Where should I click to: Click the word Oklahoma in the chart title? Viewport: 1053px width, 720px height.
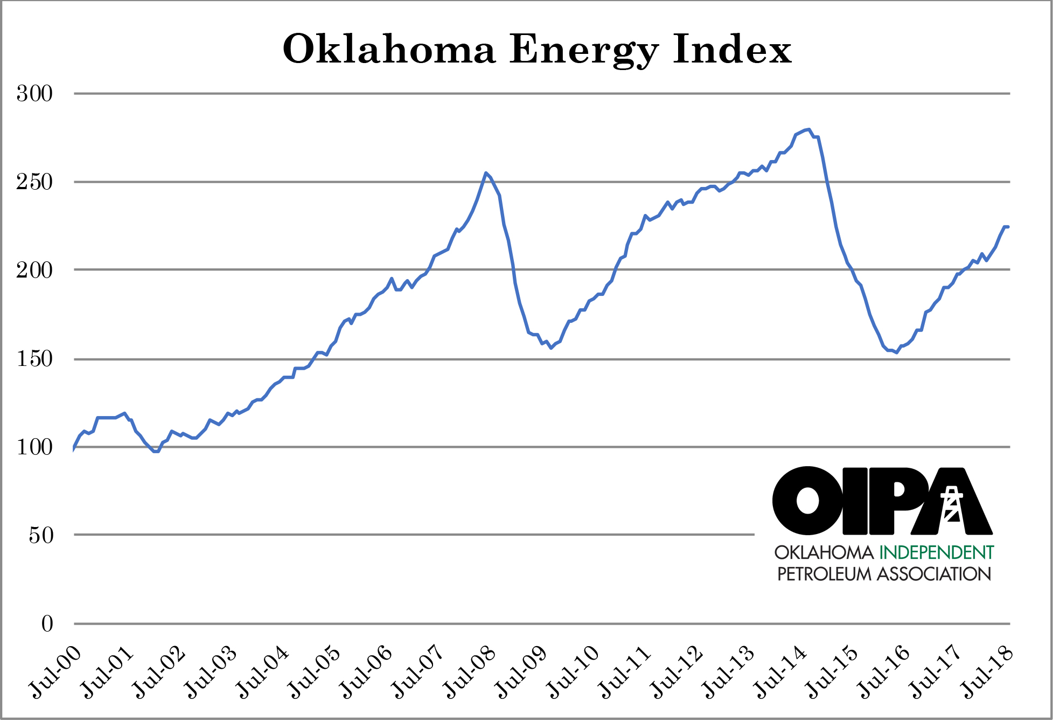[389, 50]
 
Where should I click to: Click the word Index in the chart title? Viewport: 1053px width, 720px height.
[733, 50]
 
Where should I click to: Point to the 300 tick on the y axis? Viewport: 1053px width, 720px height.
[34, 94]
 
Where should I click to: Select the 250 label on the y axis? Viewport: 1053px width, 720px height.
[34, 182]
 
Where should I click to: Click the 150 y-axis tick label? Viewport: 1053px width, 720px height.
[34, 359]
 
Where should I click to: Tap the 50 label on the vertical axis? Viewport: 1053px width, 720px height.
[41, 535]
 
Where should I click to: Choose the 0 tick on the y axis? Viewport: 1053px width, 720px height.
[47, 624]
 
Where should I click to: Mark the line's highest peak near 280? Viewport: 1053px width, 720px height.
[808, 129]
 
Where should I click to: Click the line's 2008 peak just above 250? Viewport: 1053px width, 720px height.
[486, 173]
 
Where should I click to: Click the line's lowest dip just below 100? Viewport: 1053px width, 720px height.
[156, 451]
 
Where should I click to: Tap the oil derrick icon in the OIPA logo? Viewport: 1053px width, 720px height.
[952, 504]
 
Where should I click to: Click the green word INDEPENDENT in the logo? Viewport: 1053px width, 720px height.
[936, 552]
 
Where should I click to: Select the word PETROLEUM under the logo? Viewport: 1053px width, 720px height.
[824, 574]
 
